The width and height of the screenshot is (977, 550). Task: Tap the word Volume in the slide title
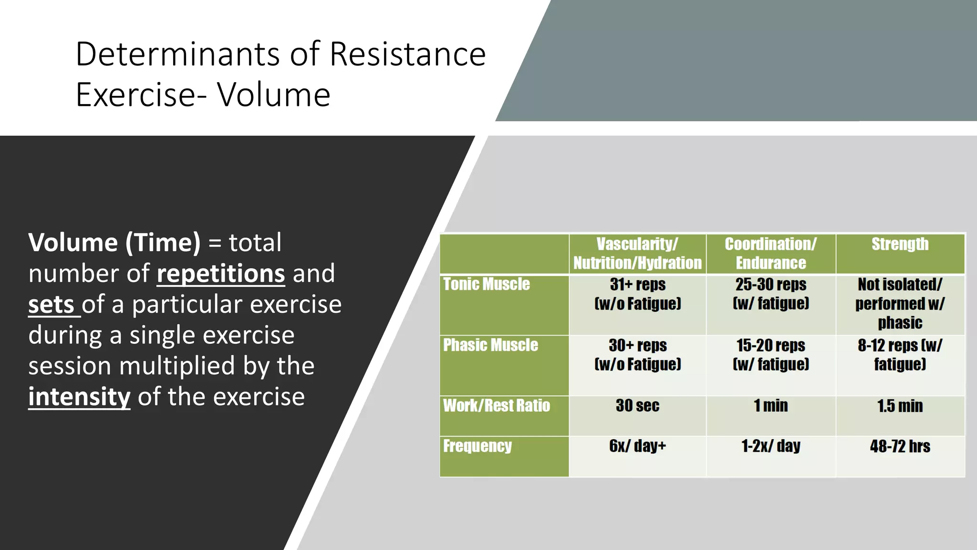pos(274,95)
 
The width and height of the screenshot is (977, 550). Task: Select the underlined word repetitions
pos(221,274)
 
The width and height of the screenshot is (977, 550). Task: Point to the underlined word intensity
pos(79,397)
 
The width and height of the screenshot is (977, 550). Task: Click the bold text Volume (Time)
pos(114,243)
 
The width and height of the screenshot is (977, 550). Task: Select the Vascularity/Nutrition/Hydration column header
pos(637,254)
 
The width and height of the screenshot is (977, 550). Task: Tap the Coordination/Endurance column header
pos(771,254)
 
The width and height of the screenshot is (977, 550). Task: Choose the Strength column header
pos(900,244)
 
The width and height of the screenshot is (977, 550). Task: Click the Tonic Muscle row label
pos(487,285)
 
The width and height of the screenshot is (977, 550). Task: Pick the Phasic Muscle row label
pos(490,345)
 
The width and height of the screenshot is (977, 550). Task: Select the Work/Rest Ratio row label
pos(497,406)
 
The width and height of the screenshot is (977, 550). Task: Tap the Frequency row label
pos(478,446)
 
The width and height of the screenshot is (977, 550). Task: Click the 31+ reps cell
pos(637,294)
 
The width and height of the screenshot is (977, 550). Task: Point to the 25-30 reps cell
pos(771,294)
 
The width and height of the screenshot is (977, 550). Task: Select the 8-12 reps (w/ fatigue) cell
pos(900,355)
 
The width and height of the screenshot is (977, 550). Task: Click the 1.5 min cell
pos(900,406)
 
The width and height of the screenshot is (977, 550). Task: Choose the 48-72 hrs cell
pos(900,446)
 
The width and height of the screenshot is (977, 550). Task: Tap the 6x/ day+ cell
pos(637,446)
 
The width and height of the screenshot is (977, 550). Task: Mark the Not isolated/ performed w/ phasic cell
pos(900,304)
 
